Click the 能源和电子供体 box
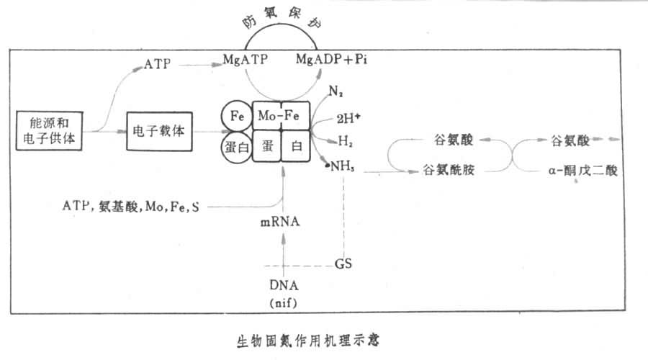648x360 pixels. (x=50, y=132)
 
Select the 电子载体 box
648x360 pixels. (x=159, y=132)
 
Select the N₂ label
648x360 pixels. (x=336, y=91)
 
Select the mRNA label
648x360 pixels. (x=280, y=222)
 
